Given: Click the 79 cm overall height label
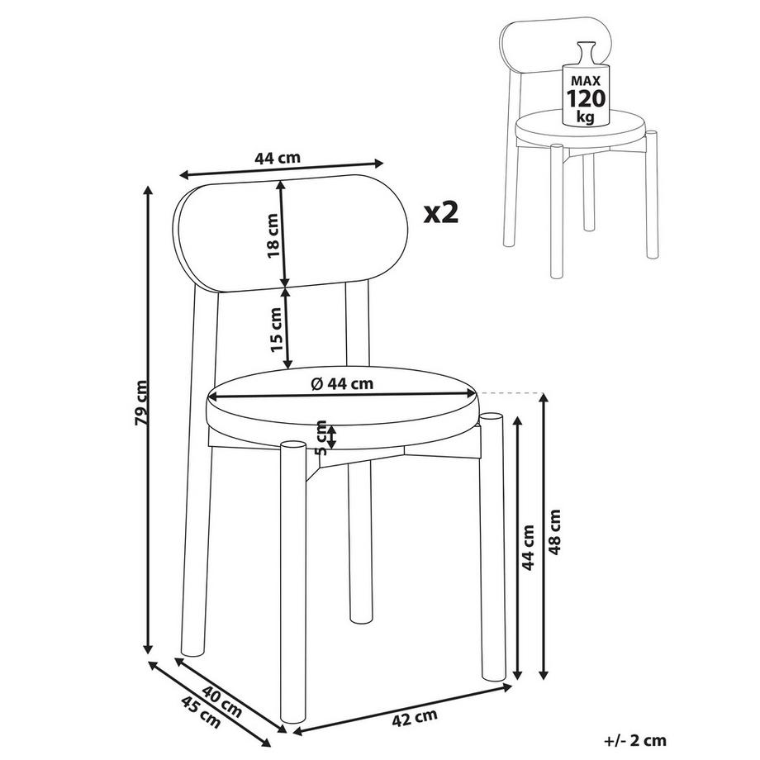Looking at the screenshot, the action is pos(141,403).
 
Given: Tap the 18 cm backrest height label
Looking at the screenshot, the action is pos(273,235).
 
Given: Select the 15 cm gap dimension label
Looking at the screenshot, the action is pos(275,330).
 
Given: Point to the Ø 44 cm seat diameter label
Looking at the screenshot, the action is pos(342,383).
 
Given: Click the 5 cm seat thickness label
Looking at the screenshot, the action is pos(321,437).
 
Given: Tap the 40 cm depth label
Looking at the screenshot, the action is pos(221,701).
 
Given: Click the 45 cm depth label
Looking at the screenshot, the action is pos(200,712).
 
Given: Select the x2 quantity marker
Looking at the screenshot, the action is pos(440,213).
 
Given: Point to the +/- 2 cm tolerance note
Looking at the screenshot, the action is pos(635,740).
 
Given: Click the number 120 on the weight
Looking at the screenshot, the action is pos(586,99).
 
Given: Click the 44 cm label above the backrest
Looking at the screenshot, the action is pos(278,158).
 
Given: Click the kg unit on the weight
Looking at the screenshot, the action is pos(586,116).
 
